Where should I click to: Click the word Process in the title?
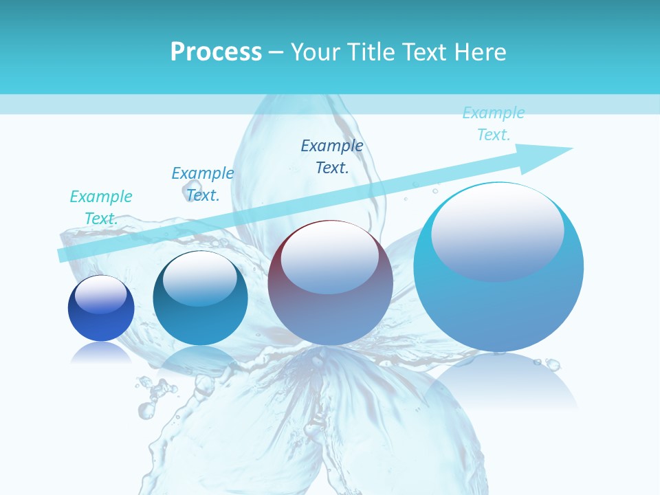pyautogui.click(x=216, y=52)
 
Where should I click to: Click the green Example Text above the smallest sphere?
pyautogui.click(x=101, y=207)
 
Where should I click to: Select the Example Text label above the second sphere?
pyautogui.click(x=203, y=184)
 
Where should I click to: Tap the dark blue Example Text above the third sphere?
pyautogui.click(x=332, y=156)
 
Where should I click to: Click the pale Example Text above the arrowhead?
pyautogui.click(x=494, y=123)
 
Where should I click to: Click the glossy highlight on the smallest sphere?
pyautogui.click(x=100, y=294)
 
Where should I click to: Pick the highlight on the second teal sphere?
pyautogui.click(x=199, y=278)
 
